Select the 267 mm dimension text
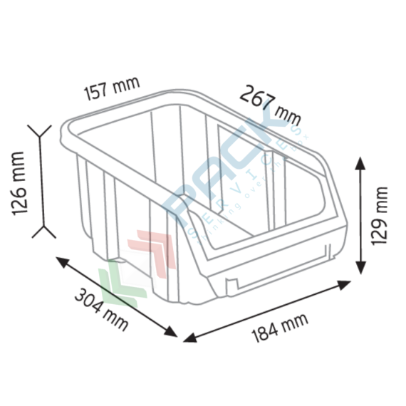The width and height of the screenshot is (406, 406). tap(270, 103)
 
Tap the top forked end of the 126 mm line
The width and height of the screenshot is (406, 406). tap(40, 130)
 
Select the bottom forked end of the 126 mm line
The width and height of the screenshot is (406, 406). tap(41, 231)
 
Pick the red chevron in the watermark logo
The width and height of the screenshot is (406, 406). tap(153, 246)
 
